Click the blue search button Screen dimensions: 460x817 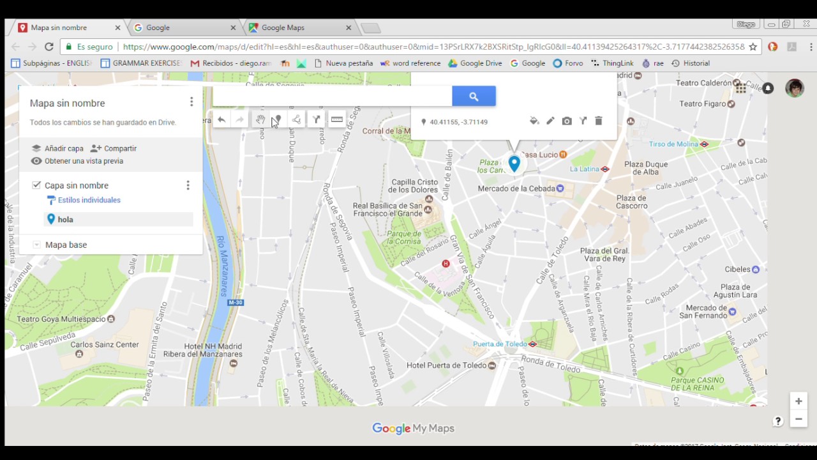point(474,96)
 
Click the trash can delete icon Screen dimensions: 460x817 point(599,121)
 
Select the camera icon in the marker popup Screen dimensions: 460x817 point(567,121)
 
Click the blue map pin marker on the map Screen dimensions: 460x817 point(514,164)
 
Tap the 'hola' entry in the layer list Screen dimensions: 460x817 point(65,219)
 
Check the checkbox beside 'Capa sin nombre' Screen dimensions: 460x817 point(36,185)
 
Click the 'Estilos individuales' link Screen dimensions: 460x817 point(89,200)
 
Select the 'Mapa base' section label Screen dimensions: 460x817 point(66,245)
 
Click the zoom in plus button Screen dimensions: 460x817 point(798,401)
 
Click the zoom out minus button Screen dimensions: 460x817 point(798,419)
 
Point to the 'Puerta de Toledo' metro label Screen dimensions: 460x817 point(500,344)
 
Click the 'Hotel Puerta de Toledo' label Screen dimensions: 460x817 point(447,365)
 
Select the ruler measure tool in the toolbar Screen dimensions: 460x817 point(337,119)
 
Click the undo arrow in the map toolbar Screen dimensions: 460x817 point(221,119)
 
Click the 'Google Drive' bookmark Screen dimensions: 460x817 point(475,63)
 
